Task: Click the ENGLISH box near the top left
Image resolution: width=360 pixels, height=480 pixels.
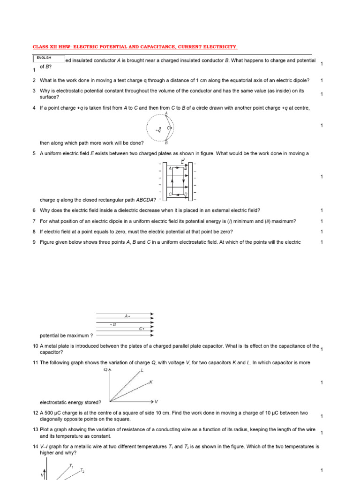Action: (x=49, y=59)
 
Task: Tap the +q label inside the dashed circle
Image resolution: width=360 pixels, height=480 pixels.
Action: (x=158, y=130)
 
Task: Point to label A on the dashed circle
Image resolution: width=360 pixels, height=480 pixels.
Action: (x=167, y=112)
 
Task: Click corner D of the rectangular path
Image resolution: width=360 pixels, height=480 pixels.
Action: (x=186, y=194)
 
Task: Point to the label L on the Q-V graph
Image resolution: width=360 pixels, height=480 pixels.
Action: (x=142, y=370)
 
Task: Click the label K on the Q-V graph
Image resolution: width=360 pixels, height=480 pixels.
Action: (x=151, y=382)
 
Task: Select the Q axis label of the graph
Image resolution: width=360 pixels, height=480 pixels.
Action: (x=105, y=370)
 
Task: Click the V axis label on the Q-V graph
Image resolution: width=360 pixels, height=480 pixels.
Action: (x=156, y=402)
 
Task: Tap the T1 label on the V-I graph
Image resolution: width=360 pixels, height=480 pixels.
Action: (x=71, y=465)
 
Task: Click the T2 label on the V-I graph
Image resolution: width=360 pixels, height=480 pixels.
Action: (x=82, y=470)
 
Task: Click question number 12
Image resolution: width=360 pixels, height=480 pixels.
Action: (x=35, y=413)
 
